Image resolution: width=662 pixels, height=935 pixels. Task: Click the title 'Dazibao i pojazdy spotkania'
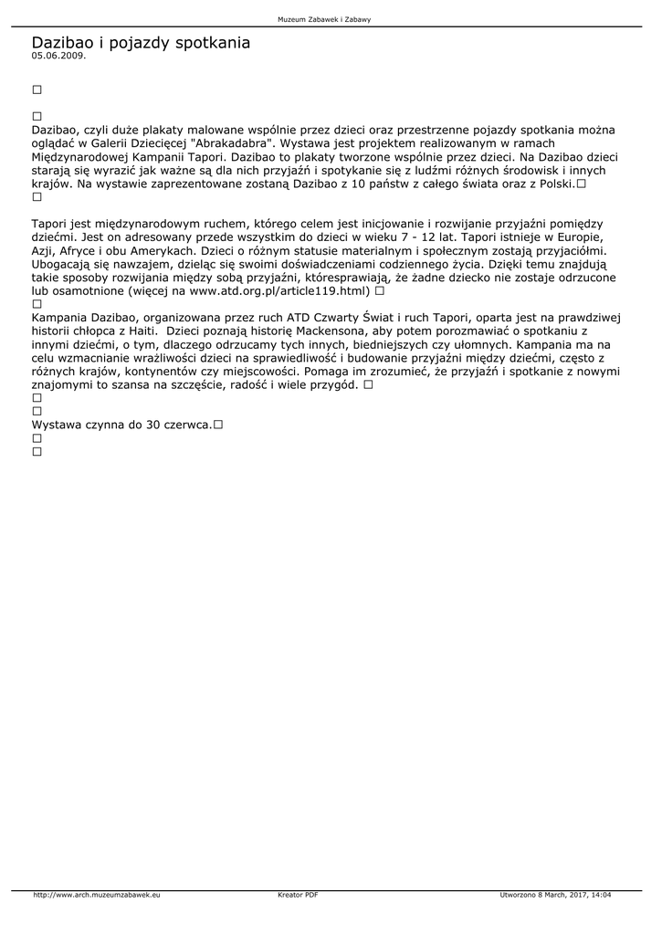pyautogui.click(x=141, y=42)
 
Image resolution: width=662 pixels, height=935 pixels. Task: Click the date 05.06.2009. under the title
pyautogui.click(x=58, y=55)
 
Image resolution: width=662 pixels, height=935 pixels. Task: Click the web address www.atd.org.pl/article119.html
pyautogui.click(x=279, y=291)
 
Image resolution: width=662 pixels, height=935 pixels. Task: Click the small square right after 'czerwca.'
pyautogui.click(x=219, y=425)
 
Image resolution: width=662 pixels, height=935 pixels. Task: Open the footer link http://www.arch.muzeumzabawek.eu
pyautogui.click(x=97, y=895)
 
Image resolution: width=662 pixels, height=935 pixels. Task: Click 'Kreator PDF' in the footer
pyautogui.click(x=298, y=895)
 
